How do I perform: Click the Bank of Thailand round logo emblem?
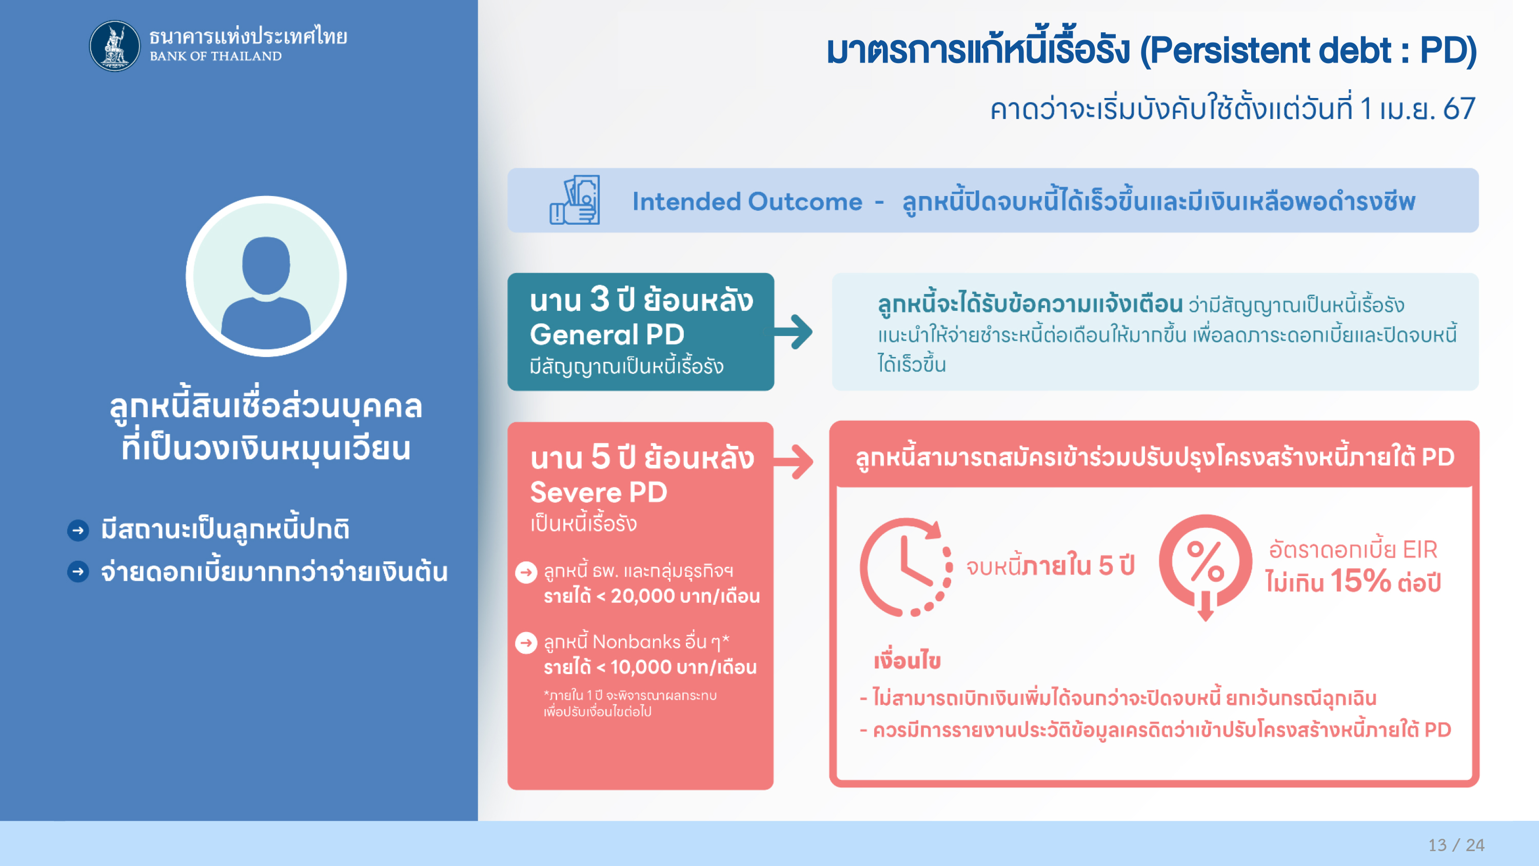(115, 46)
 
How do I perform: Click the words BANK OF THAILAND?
(215, 56)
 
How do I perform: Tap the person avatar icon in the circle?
(266, 276)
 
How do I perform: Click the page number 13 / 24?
(1456, 844)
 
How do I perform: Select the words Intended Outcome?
(747, 202)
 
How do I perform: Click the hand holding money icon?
(574, 200)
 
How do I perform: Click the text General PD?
(607, 334)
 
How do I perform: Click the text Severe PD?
(599, 492)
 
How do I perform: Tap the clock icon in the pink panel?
(906, 566)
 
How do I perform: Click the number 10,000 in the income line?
(641, 667)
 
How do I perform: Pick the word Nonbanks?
(636, 642)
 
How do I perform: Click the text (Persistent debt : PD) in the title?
(1308, 51)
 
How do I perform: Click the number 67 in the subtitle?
(1459, 109)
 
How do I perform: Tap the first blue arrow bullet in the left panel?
(78, 530)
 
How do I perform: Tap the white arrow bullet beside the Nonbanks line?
(526, 643)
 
